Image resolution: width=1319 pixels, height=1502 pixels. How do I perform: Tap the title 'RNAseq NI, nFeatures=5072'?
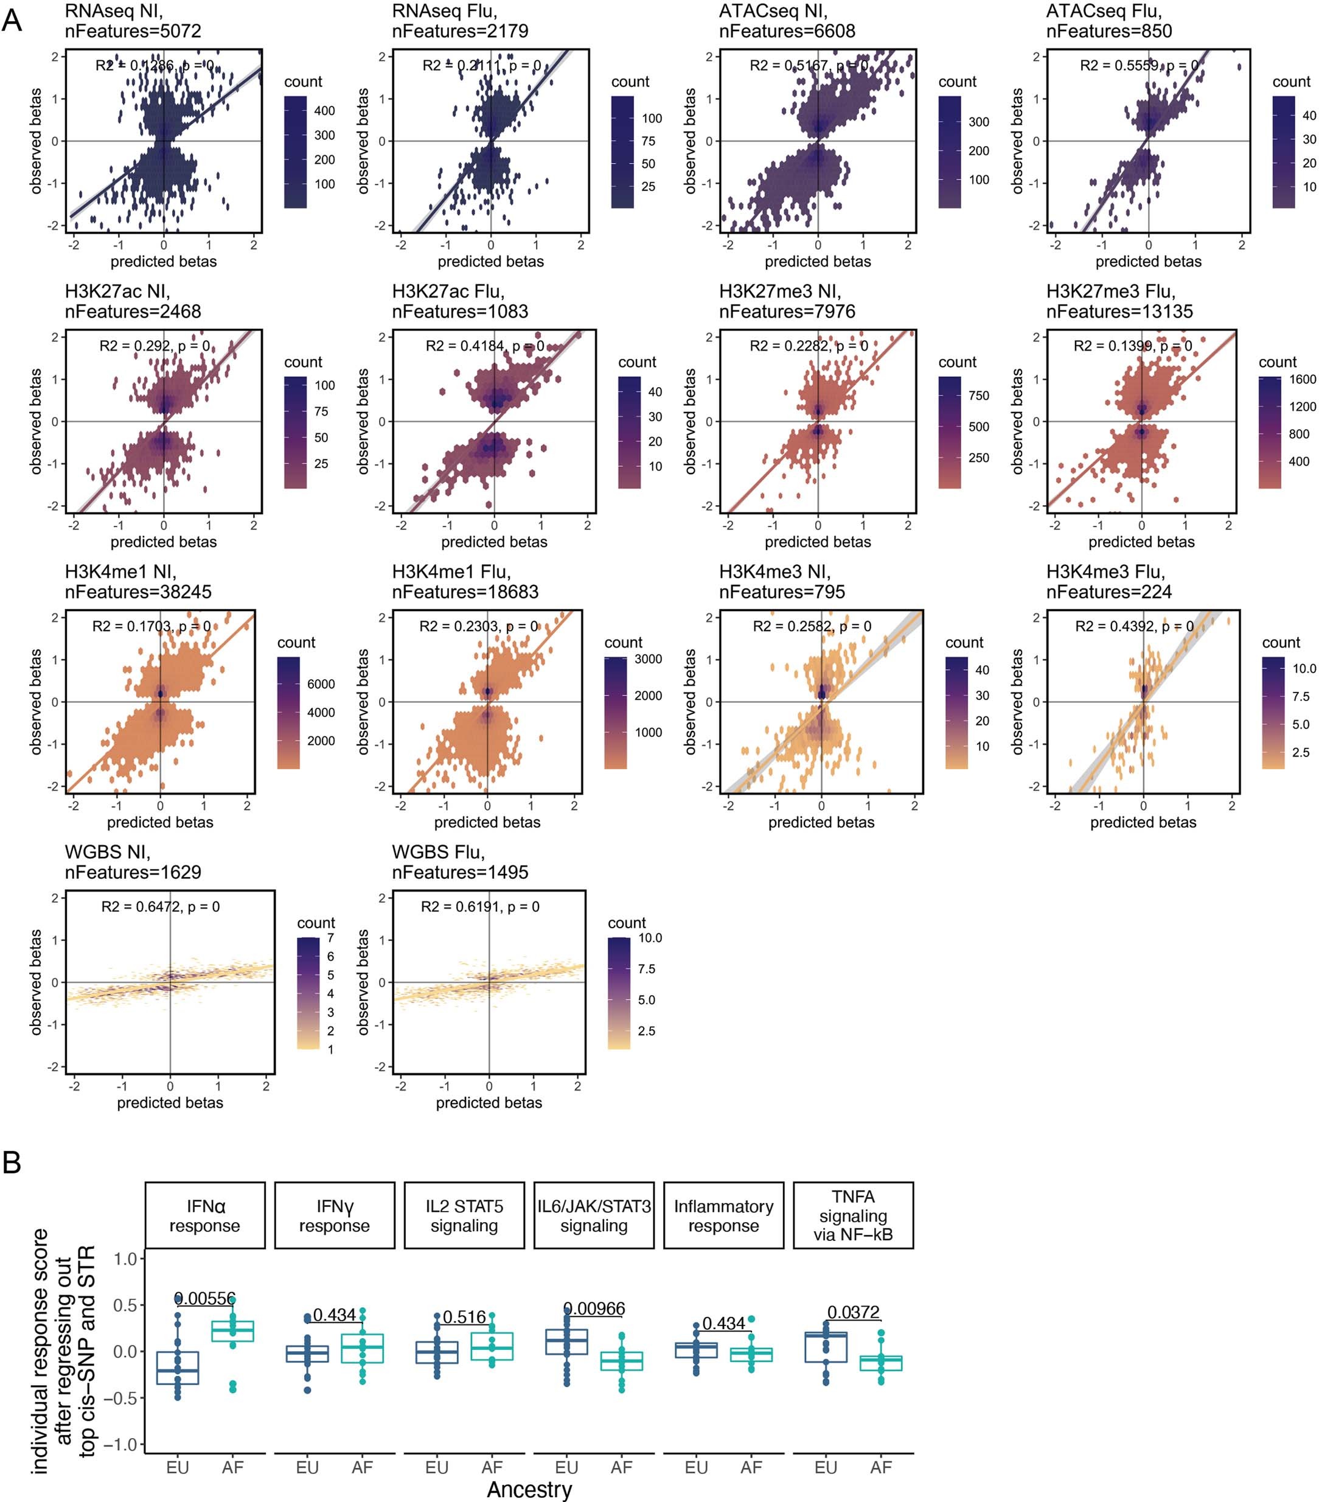133,21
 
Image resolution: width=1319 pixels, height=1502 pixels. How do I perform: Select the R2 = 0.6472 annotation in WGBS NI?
160,907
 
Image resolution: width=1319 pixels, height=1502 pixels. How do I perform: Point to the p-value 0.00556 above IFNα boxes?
205,1299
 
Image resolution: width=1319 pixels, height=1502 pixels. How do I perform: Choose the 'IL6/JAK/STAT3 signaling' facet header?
593,1215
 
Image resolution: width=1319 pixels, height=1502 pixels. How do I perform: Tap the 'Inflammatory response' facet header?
723,1215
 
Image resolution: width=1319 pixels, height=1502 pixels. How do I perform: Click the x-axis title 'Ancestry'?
529,1489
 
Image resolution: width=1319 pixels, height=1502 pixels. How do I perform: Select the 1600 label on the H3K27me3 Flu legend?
1303,379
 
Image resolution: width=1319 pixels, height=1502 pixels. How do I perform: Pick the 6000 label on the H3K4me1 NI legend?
321,684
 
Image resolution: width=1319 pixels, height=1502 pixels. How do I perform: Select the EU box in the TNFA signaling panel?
826,1347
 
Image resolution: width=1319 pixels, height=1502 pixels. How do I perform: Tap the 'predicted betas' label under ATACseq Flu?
1148,262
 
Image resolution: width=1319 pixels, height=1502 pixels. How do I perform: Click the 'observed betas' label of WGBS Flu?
363,982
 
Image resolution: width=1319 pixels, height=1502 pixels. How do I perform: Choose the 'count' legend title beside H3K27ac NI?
302,362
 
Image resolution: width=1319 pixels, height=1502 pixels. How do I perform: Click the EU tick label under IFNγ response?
307,1467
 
